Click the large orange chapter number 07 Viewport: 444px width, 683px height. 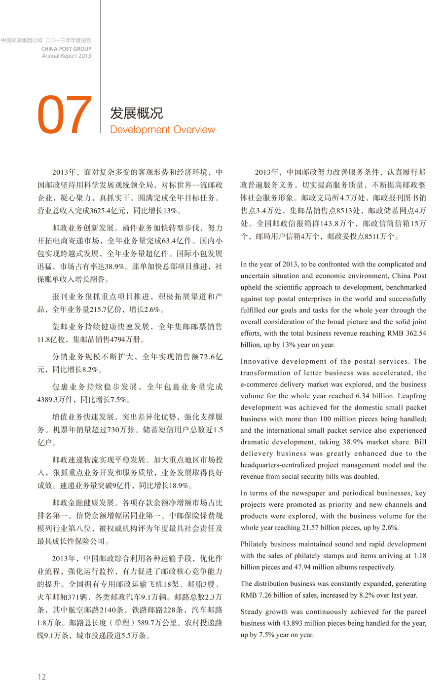tap(65, 115)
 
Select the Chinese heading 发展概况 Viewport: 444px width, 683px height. tap(136, 113)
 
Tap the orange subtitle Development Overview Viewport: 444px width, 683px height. tap(162, 130)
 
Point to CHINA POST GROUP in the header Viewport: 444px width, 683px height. tap(66, 49)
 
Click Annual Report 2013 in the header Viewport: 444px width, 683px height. tap(66, 56)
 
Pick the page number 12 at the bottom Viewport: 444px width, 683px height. tap(42, 677)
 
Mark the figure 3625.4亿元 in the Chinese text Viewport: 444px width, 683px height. tap(112, 211)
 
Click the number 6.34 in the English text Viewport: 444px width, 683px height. tap(363, 396)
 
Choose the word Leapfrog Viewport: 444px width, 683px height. tap(410, 396)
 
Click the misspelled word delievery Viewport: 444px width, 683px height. tap(257, 454)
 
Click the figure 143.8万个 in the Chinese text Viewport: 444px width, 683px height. tap(338, 224)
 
